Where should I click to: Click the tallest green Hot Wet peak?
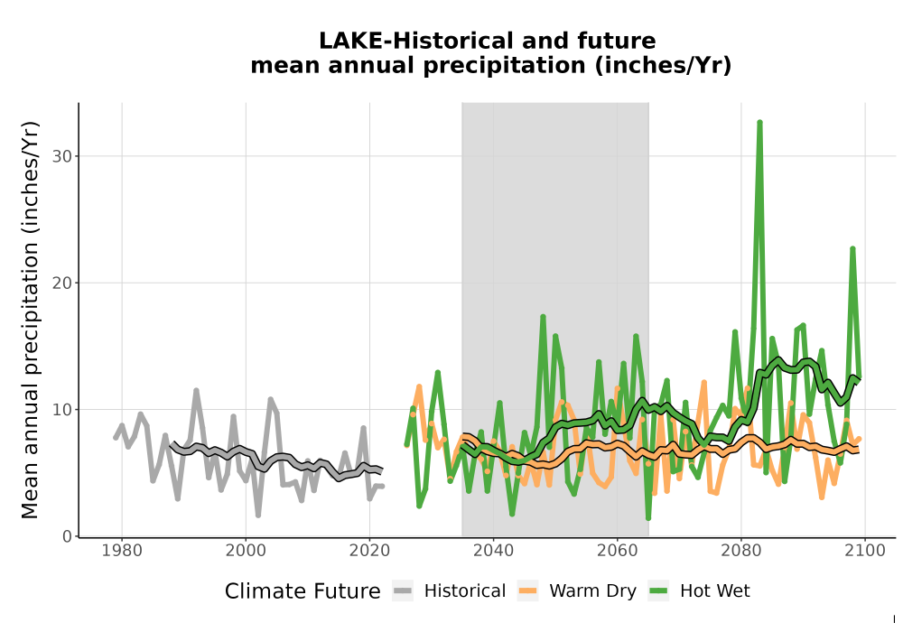(x=759, y=123)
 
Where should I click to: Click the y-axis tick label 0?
(x=68, y=536)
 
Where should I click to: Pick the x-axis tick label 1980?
(x=122, y=551)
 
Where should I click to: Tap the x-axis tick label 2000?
(x=246, y=551)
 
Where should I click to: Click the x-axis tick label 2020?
(x=369, y=551)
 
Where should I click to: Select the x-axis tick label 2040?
(x=494, y=551)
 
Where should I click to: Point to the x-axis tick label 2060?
(x=618, y=551)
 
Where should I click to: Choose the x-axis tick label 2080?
(x=741, y=551)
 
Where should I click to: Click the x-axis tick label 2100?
(x=865, y=551)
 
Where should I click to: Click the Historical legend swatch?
(x=403, y=591)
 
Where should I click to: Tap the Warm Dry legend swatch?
(x=527, y=591)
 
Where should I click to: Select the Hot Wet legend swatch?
(x=658, y=591)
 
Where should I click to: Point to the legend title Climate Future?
(x=303, y=591)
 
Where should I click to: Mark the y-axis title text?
(x=30, y=320)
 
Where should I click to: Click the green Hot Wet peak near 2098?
(x=852, y=248)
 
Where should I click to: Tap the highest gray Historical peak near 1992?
(x=196, y=391)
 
